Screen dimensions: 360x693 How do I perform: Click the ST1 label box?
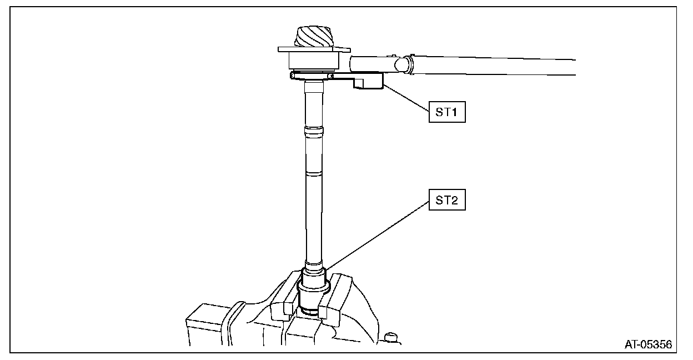tap(446, 113)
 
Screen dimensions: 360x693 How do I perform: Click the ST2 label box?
tap(446, 202)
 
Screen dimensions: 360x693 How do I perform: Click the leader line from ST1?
tap(406, 98)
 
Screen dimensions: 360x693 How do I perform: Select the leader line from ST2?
tap(378, 236)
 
